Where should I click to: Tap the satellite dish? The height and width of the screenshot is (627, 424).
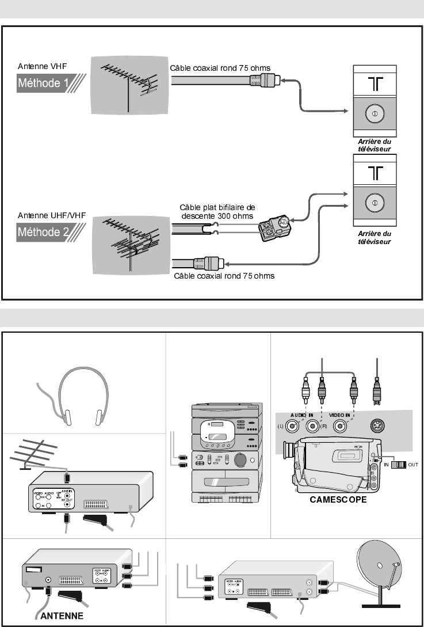tap(380, 570)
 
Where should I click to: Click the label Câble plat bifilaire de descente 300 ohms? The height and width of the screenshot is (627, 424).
tap(217, 211)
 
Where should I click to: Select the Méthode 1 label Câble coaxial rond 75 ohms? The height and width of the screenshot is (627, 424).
tap(220, 67)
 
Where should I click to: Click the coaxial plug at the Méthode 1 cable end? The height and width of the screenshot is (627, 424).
tap(268, 81)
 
